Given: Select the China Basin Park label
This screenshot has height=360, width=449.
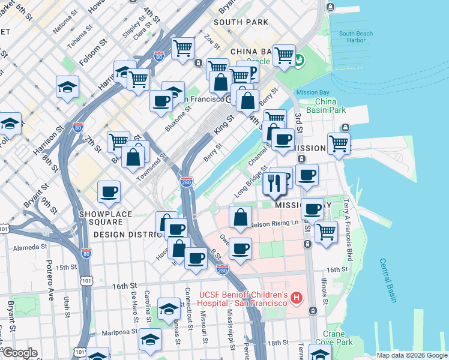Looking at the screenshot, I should point(326,106).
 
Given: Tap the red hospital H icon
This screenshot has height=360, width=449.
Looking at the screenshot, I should point(295,298).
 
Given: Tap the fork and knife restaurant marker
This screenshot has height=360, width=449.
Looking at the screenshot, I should point(275,184).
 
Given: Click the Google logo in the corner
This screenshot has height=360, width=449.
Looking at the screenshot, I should point(19,353).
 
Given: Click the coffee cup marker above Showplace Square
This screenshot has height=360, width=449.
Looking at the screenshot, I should point(109,192).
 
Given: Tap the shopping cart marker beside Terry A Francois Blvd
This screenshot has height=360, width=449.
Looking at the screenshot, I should point(326,231).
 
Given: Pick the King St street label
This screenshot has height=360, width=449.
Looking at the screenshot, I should point(223,127).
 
